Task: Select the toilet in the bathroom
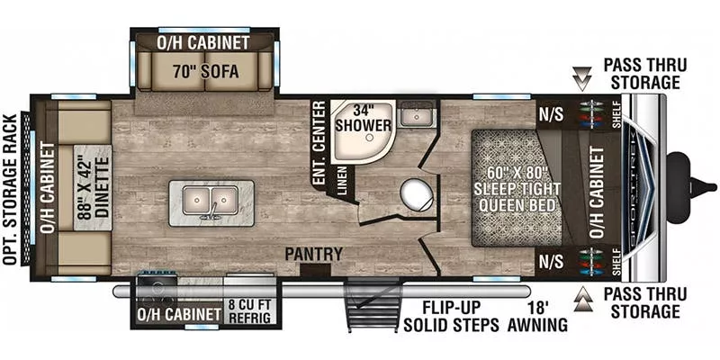pos(414,193)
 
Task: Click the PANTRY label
pos(314,255)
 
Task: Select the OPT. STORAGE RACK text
pos(11,189)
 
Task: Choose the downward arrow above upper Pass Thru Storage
pos(583,83)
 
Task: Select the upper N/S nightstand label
pos(551,115)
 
